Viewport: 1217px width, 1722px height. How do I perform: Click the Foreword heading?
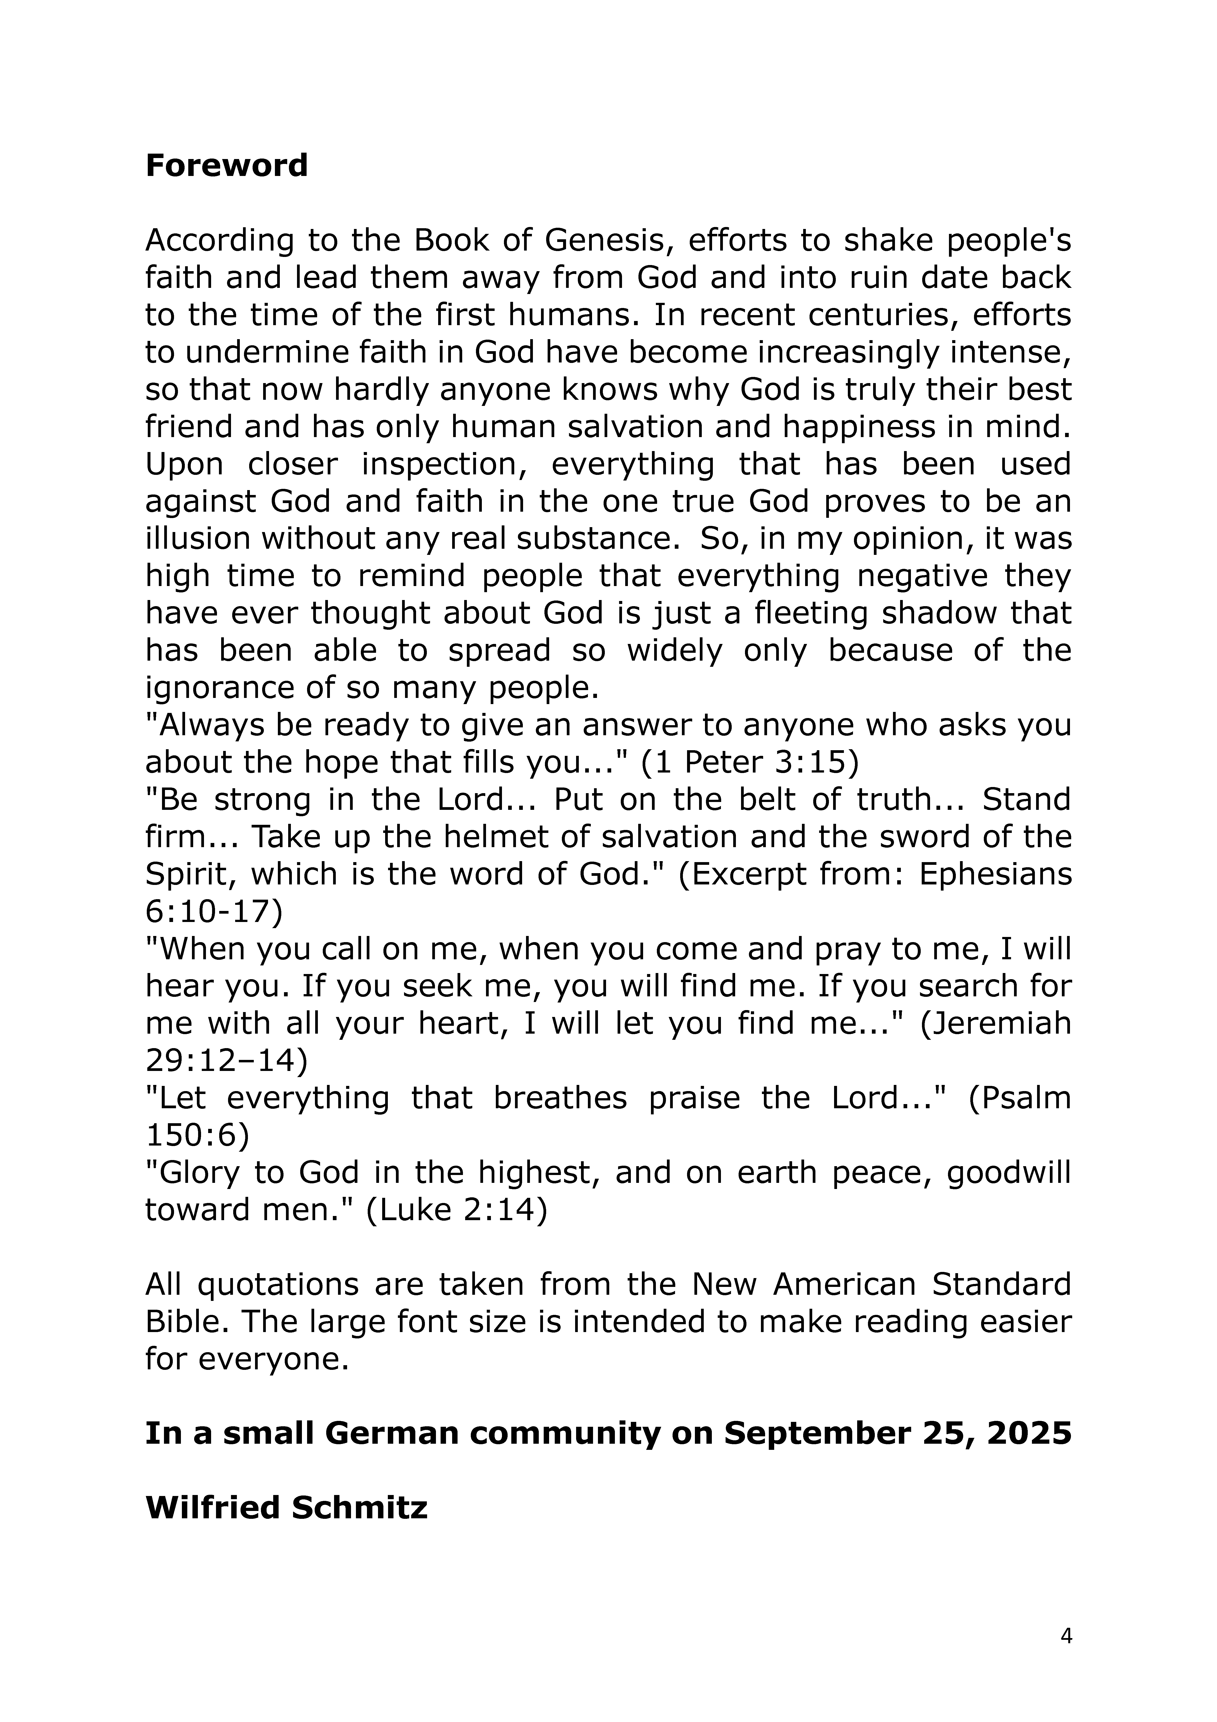tap(227, 166)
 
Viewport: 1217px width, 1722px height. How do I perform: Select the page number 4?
tap(1066, 1636)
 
